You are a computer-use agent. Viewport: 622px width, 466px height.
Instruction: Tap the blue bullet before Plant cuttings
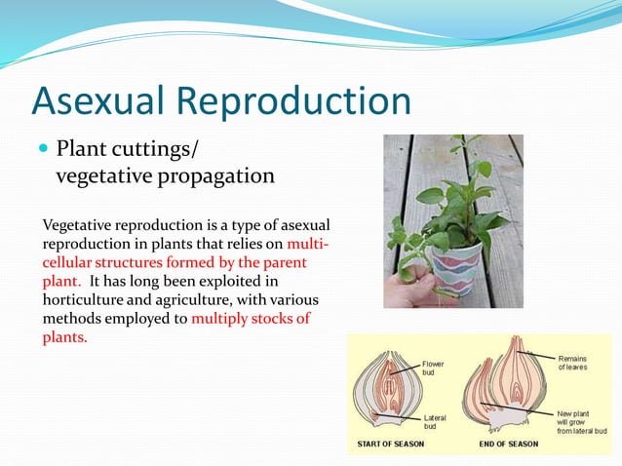(43, 149)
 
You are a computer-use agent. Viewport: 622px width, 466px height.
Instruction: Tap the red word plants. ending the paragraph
(64, 337)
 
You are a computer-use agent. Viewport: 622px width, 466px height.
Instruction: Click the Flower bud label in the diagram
(433, 369)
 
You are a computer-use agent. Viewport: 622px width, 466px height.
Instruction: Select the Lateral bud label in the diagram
(435, 422)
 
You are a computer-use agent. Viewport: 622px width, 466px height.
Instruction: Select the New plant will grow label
(581, 421)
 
